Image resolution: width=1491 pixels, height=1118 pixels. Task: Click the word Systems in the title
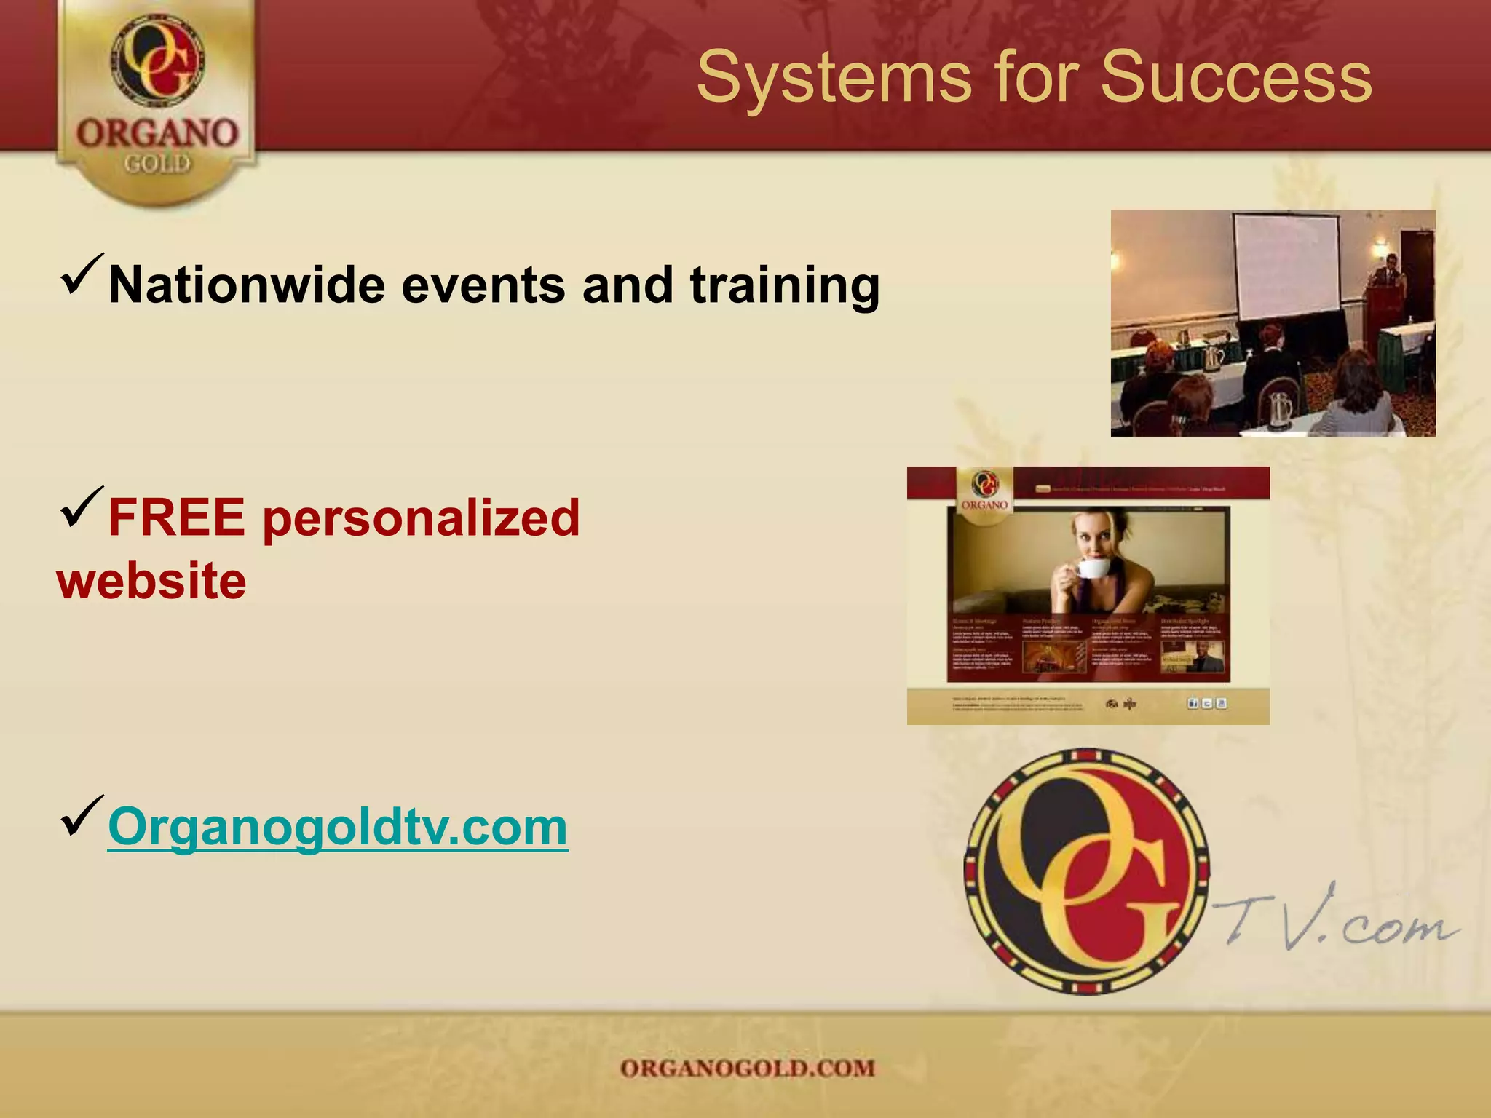pos(834,79)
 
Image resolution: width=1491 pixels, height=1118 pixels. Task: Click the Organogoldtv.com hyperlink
pos(338,828)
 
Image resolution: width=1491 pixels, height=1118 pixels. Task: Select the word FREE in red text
pos(177,518)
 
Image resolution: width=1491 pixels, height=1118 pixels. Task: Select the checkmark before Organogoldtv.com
pos(82,817)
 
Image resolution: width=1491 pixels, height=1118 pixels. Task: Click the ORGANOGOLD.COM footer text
pos(748,1069)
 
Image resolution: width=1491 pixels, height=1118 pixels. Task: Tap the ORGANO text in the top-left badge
pos(157,134)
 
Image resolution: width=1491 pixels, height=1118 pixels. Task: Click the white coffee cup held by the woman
pos(1091,568)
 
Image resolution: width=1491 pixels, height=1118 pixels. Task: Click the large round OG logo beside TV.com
pos(1085,872)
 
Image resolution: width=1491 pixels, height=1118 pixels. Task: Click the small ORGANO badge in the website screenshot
pos(985,493)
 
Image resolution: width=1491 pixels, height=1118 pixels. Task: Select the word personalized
pos(421,518)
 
